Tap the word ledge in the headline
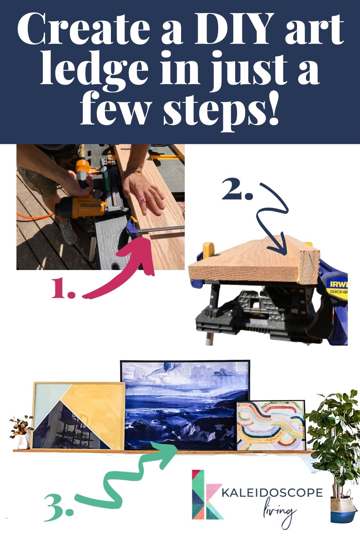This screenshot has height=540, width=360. click(94, 68)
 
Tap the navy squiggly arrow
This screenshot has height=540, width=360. click(274, 220)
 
